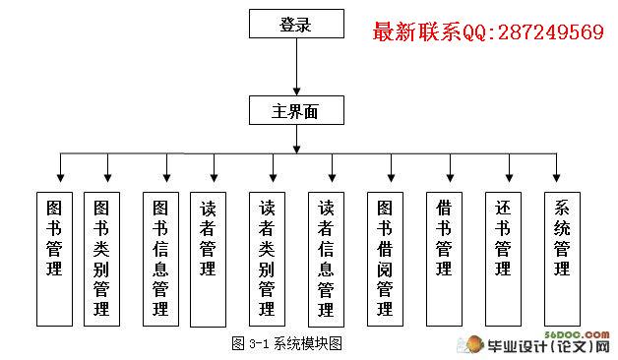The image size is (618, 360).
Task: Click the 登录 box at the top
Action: coord(296,24)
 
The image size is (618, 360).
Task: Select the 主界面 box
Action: coord(296,110)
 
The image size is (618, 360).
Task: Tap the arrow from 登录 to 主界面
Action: coord(297,67)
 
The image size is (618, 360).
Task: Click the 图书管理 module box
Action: coord(54,259)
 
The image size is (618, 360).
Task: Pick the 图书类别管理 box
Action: coord(101,259)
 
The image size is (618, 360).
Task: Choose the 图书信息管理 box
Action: coord(160,259)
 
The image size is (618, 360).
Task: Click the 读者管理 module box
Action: coord(208,259)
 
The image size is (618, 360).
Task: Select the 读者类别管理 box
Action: coord(268,259)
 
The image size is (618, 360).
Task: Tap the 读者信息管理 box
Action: coord(326,259)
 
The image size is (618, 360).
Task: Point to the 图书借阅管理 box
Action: coord(385,259)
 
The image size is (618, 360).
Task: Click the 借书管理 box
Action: coord(444,259)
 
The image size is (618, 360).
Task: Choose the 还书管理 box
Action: coord(503,259)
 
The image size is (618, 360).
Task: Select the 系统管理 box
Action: coord(563,259)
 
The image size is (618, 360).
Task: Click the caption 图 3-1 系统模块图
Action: coord(286,343)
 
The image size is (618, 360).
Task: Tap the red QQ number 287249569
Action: coord(551,31)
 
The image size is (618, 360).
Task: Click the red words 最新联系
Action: coord(416,31)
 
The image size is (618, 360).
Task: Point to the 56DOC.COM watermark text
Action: coord(577,334)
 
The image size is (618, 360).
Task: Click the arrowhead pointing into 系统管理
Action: coord(556,178)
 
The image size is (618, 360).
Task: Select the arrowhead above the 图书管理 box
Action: coord(60,178)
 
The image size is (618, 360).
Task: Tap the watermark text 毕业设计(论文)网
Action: coord(548,346)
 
